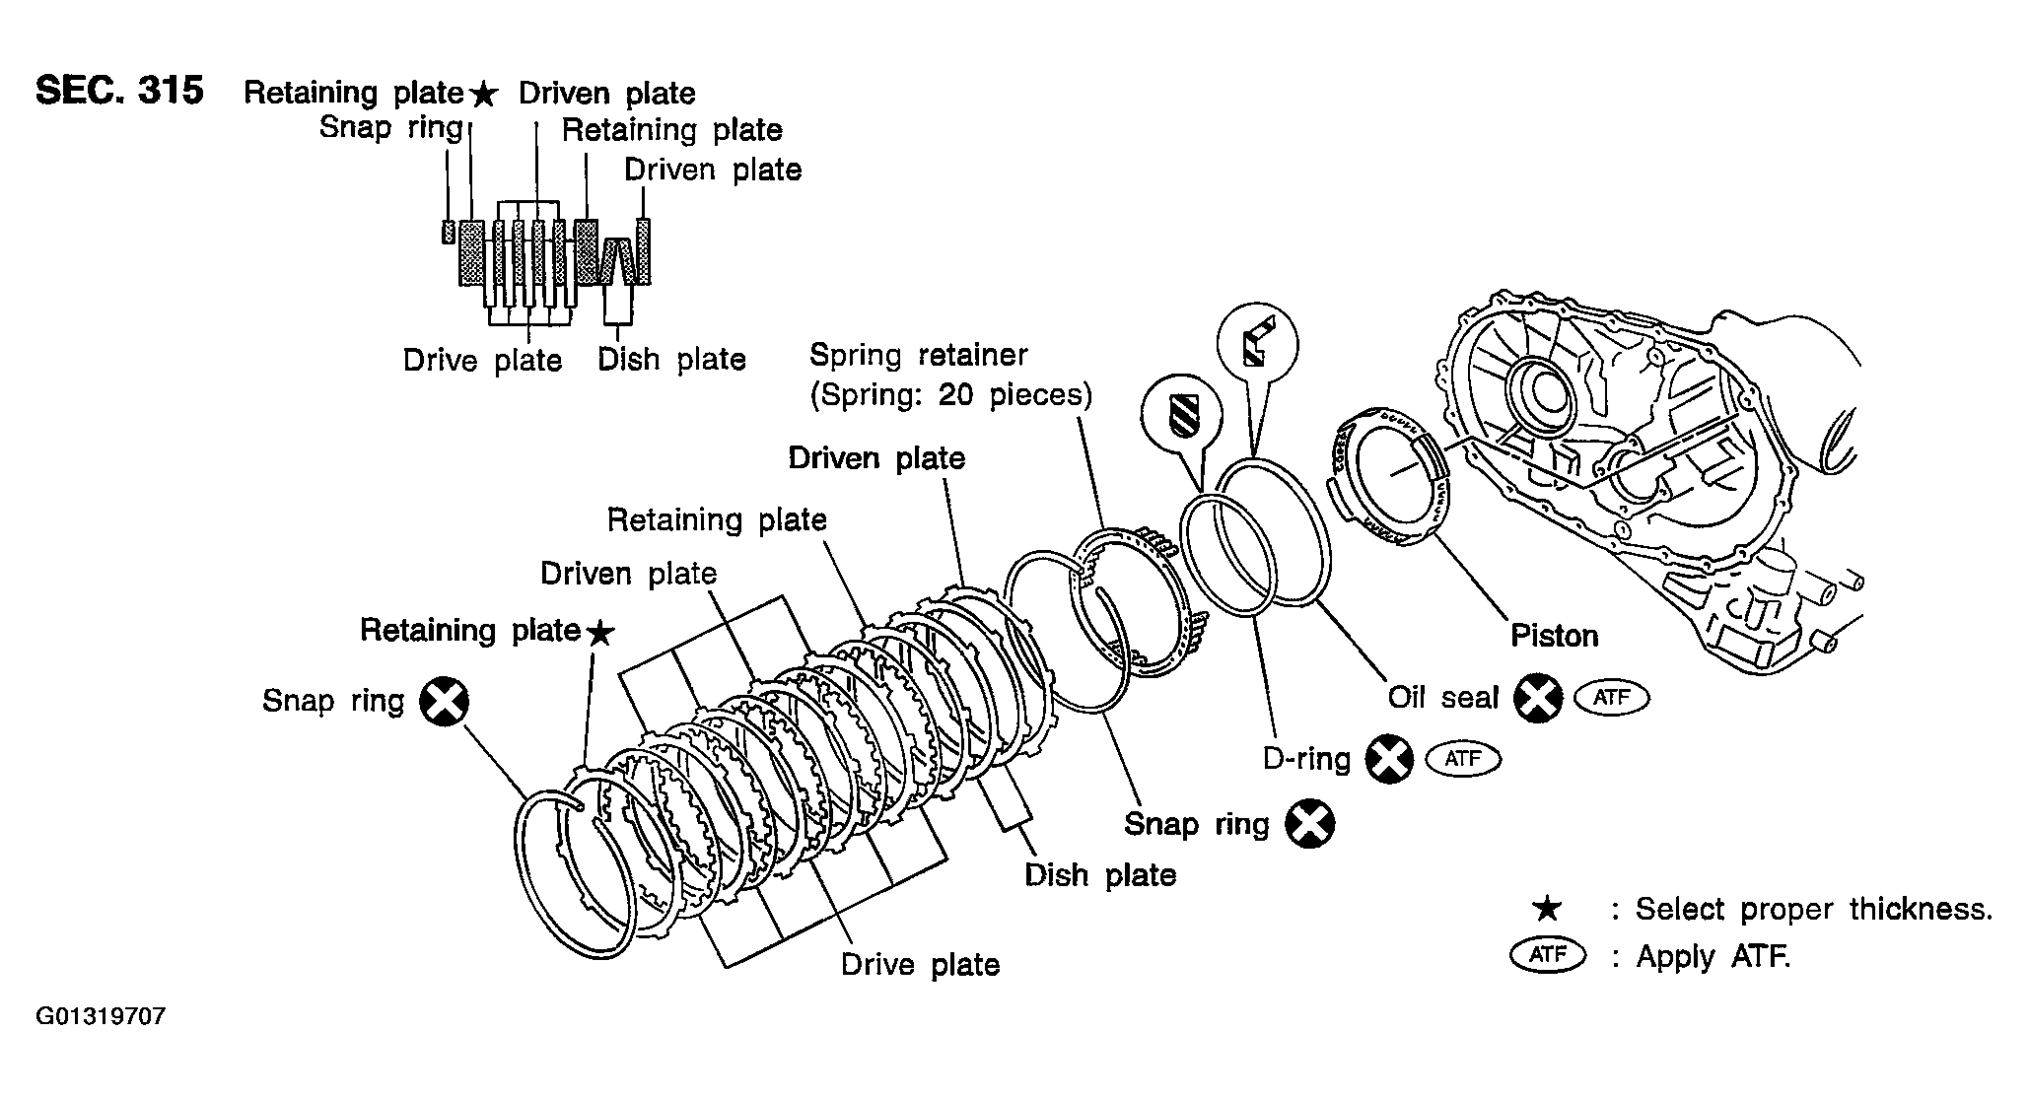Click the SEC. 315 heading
[119, 91]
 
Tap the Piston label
[1554, 636]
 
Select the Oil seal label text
[1442, 697]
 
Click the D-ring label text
[1306, 759]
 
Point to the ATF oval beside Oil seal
[1612, 698]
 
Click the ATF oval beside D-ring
[1463, 759]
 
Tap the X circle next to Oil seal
[1538, 699]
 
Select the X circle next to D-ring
[1390, 760]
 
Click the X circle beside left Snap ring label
[444, 703]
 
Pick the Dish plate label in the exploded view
[1100, 875]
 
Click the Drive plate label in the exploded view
[920, 964]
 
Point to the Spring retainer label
[918, 355]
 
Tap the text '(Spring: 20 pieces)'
[951, 395]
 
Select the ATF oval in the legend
[1548, 956]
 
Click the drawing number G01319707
[101, 1016]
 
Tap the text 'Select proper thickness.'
[1814, 909]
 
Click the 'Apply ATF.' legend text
[1713, 956]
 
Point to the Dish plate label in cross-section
[671, 360]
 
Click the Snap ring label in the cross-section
[391, 128]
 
